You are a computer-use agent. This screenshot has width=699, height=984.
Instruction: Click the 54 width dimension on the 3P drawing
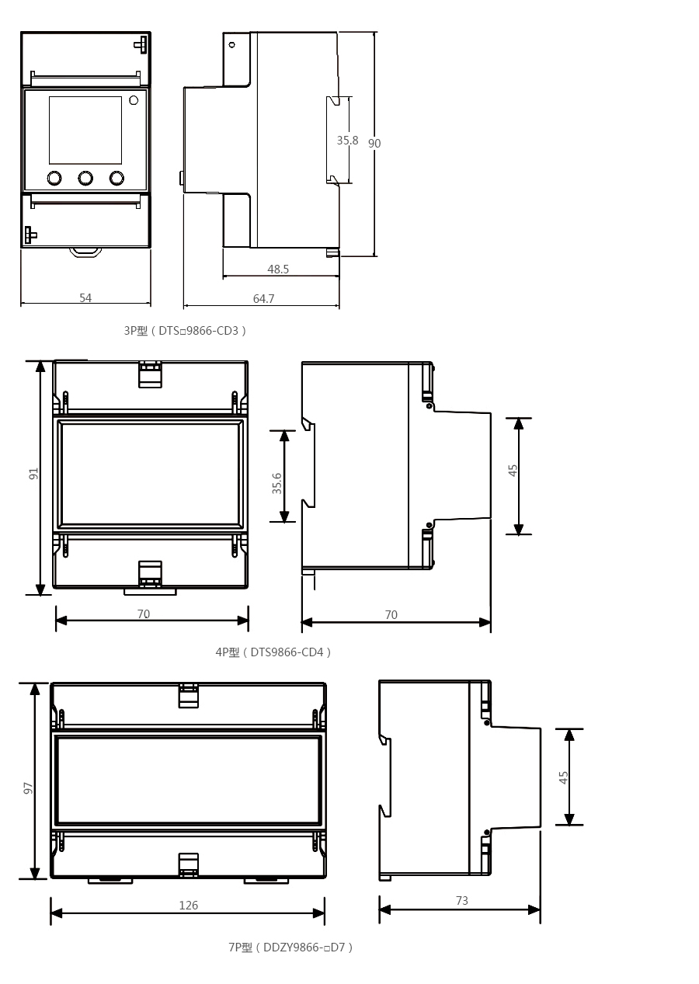pyautogui.click(x=85, y=297)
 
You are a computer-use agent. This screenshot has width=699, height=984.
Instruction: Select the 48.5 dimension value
pyautogui.click(x=278, y=269)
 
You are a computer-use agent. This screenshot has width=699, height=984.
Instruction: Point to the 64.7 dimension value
pyautogui.click(x=263, y=299)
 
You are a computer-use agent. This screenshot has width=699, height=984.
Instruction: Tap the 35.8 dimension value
pyautogui.click(x=347, y=141)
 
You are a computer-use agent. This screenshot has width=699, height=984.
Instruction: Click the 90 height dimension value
pyautogui.click(x=374, y=143)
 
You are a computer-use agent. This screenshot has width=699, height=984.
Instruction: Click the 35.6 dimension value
pyautogui.click(x=276, y=484)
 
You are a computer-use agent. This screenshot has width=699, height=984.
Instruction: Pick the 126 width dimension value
pyautogui.click(x=189, y=906)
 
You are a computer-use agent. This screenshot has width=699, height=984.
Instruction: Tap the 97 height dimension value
pyautogui.click(x=28, y=788)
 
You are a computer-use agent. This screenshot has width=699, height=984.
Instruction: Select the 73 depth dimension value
pyautogui.click(x=462, y=901)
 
